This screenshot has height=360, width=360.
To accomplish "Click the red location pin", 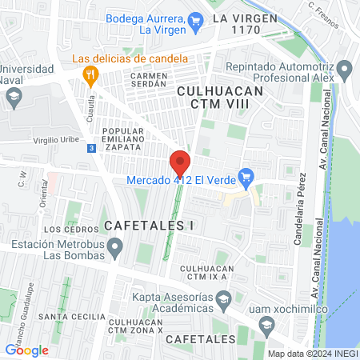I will (x=180, y=162).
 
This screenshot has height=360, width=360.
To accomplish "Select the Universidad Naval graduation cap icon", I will (x=14, y=98).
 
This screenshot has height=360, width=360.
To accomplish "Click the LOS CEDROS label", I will (x=63, y=230).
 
